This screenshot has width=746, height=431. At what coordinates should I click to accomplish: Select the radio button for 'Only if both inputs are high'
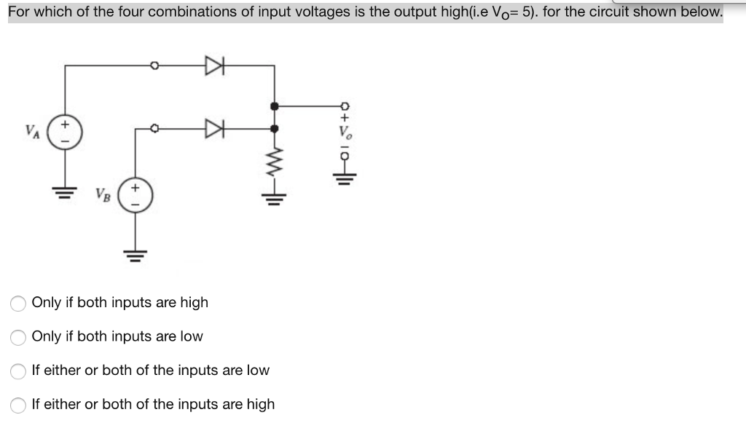point(18,303)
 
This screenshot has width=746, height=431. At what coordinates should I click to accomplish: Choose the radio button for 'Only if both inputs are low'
point(18,337)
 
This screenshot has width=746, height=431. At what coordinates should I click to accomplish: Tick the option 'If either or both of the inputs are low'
point(18,371)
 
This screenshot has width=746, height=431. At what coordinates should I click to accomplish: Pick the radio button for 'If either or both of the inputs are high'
point(18,405)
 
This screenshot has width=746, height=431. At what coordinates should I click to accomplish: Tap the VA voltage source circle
point(66,132)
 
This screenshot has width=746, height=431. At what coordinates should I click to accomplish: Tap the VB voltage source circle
point(133,197)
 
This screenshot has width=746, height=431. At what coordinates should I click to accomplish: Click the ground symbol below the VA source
point(66,191)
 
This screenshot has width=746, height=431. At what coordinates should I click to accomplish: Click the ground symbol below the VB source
point(133,254)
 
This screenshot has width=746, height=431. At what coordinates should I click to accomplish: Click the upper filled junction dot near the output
point(274,106)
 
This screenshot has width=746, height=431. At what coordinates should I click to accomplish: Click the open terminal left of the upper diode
point(154,66)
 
